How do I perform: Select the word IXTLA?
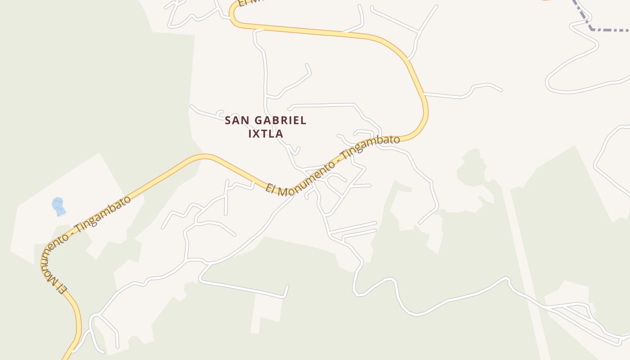(x=266, y=134)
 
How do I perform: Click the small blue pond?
(x=58, y=206)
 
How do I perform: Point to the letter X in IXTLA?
(x=258, y=134)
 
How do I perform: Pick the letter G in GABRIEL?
(x=260, y=121)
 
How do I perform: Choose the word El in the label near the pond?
(x=63, y=288)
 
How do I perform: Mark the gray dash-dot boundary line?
(x=607, y=30)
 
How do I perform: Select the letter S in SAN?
(x=228, y=121)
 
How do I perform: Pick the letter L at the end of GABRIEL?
(x=304, y=121)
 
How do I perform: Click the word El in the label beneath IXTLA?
(x=270, y=188)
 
